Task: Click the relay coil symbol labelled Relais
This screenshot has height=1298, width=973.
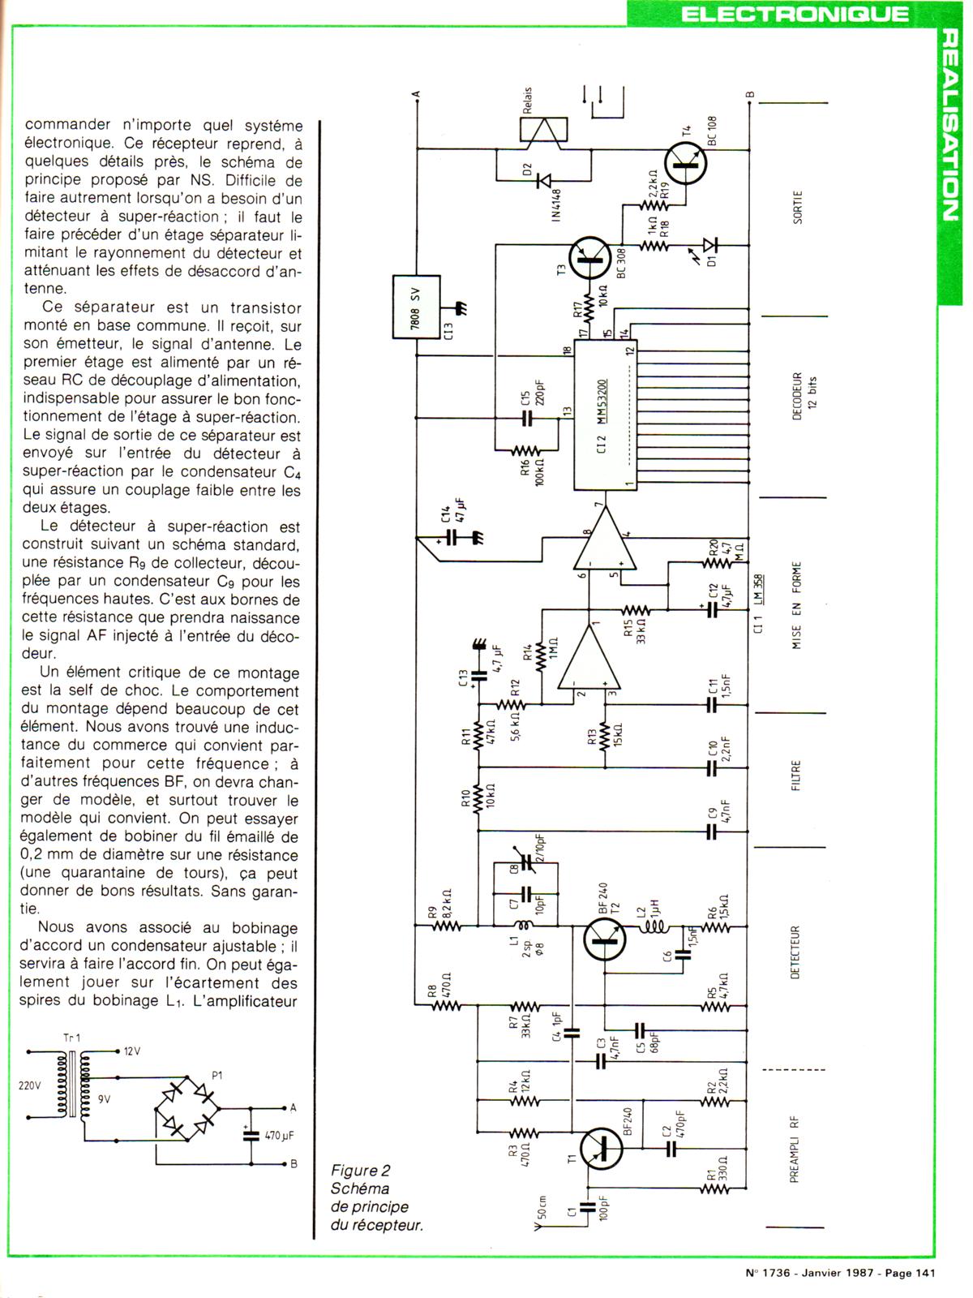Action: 543,131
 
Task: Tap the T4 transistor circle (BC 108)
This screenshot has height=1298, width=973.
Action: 685,162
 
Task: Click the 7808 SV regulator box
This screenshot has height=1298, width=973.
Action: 416,307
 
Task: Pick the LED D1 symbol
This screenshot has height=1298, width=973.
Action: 709,244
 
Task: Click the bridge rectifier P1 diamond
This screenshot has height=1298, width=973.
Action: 187,1108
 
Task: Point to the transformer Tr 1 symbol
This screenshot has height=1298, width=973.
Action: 71,1085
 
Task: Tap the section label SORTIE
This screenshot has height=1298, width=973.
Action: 797,207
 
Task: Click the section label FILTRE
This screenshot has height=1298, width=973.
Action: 795,776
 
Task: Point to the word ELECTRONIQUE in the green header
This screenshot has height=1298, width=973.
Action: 795,14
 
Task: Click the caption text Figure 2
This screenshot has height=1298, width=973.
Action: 361,1171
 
